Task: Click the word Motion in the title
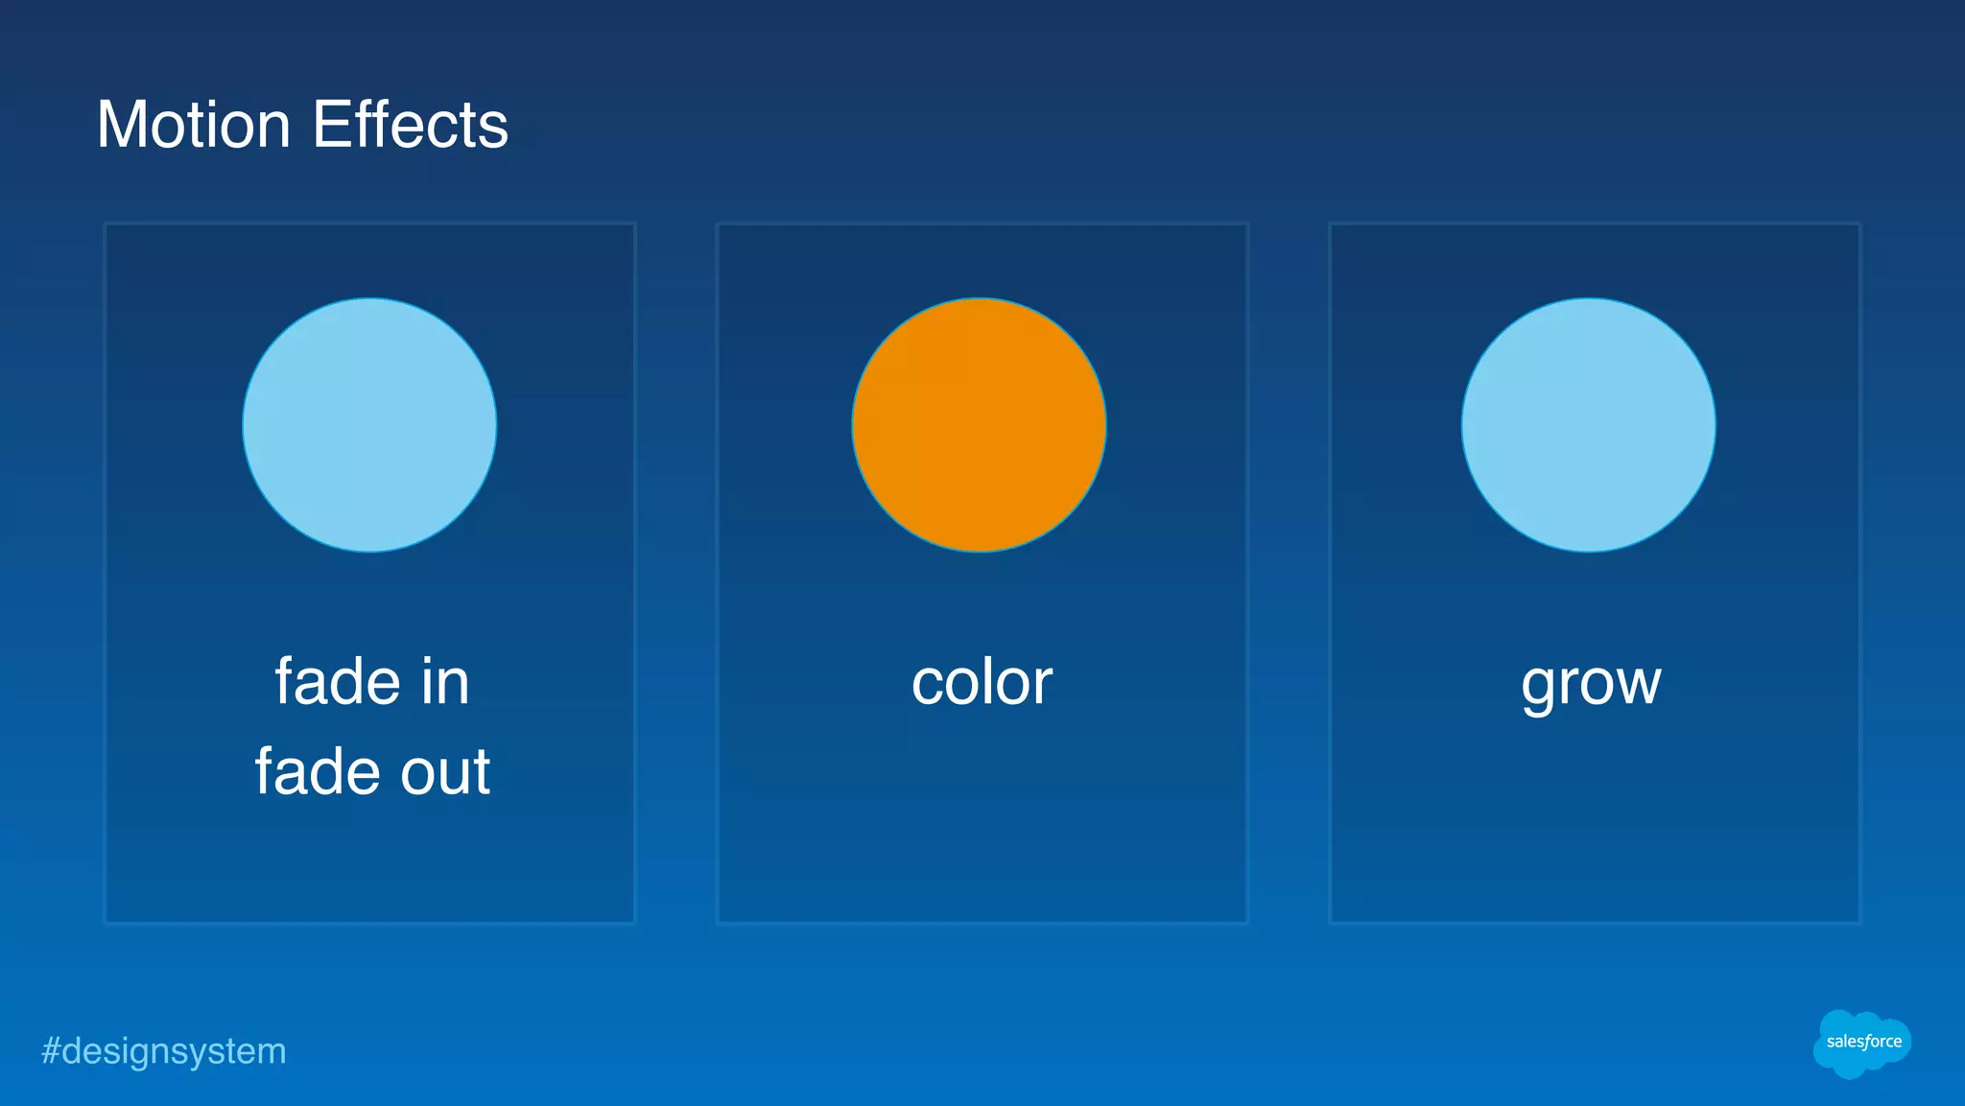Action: point(194,125)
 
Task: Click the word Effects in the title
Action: point(411,125)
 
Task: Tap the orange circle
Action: point(979,425)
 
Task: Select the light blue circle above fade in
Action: point(369,425)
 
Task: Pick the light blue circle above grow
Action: point(1589,425)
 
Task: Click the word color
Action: point(982,683)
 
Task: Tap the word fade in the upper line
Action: point(337,682)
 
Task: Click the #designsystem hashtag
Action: point(164,1051)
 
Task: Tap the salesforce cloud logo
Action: point(1861,1043)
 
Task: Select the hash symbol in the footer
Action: point(50,1051)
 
